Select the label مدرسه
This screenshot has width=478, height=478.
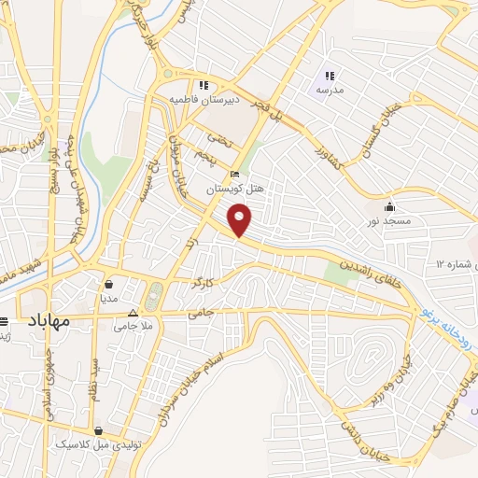(x=328, y=91)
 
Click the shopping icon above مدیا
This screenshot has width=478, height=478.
(x=110, y=284)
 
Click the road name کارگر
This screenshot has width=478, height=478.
(x=203, y=281)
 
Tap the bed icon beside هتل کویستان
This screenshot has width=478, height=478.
(x=234, y=174)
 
